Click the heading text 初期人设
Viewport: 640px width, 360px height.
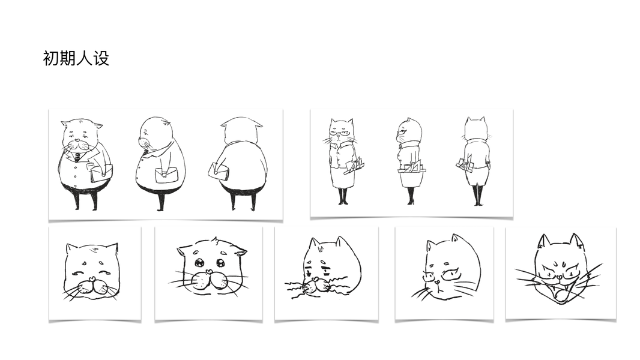pyautogui.click(x=76, y=58)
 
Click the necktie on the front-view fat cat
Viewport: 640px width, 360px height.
pyautogui.click(x=77, y=157)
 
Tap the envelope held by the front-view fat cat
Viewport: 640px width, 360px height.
pyautogui.click(x=101, y=173)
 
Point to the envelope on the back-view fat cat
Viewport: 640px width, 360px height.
pyautogui.click(x=219, y=171)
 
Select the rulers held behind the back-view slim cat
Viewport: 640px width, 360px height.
pyautogui.click(x=465, y=163)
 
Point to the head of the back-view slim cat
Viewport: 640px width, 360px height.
pyautogui.click(x=475, y=128)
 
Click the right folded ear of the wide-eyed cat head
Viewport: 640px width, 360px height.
pyautogui.click(x=241, y=251)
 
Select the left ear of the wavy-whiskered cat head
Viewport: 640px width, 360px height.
pyautogui.click(x=314, y=244)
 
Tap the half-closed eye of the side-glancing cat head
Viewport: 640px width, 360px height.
pyautogui.click(x=450, y=274)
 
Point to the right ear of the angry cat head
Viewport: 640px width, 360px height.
pyautogui.click(x=577, y=241)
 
